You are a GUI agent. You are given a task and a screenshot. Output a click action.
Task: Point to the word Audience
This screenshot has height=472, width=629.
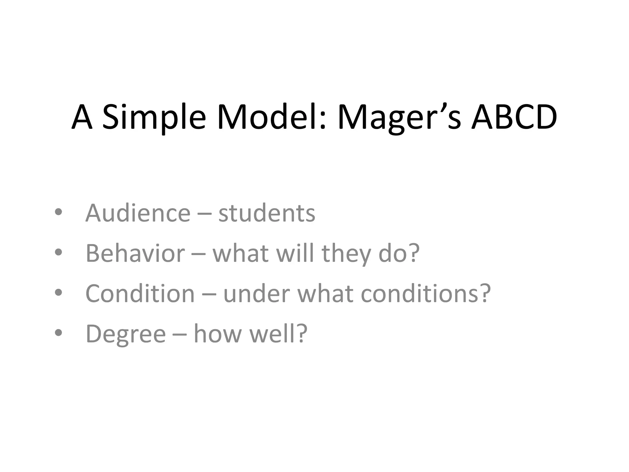point(138,213)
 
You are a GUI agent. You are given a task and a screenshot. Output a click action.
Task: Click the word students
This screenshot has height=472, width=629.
point(267,213)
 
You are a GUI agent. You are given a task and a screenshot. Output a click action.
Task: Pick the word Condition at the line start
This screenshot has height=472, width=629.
point(140,293)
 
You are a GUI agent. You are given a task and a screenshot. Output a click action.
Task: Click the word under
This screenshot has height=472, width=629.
point(256,293)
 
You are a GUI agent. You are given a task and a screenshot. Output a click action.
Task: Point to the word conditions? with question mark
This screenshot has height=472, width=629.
point(426,293)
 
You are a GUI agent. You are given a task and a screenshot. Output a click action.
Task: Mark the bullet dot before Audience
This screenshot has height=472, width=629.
point(58,212)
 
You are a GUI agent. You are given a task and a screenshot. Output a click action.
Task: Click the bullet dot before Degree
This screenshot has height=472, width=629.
point(58,333)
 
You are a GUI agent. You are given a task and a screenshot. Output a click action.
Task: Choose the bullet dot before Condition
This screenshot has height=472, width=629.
point(58,293)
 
